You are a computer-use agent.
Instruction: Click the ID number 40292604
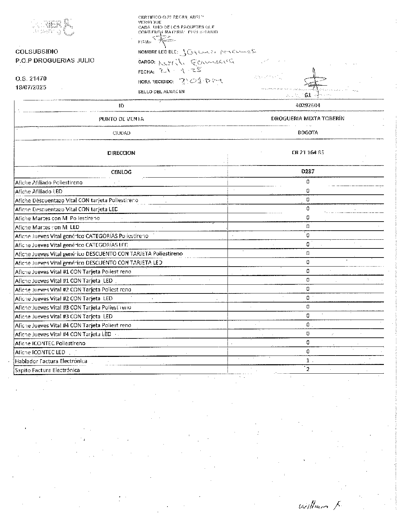tap(308, 105)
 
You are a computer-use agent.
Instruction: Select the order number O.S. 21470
tap(31, 79)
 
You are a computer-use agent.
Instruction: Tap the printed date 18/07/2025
tap(31, 87)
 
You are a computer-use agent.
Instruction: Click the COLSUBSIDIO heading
tap(37, 52)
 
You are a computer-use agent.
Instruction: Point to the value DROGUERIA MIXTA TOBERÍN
tap(307, 119)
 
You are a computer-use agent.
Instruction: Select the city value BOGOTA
tap(308, 133)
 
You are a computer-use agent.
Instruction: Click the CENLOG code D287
tap(308, 171)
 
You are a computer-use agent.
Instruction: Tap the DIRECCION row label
tap(121, 153)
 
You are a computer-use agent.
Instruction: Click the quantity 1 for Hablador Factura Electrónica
tap(308, 361)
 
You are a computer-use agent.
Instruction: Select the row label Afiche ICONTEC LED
tap(40, 352)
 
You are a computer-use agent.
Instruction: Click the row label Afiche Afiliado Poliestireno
tap(49, 183)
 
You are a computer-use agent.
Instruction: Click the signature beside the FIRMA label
tap(164, 41)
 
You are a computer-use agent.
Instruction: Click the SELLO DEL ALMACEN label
tap(161, 92)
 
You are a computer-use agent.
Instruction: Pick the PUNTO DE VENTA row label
tap(121, 119)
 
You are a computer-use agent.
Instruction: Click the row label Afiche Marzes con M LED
tap(47, 227)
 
